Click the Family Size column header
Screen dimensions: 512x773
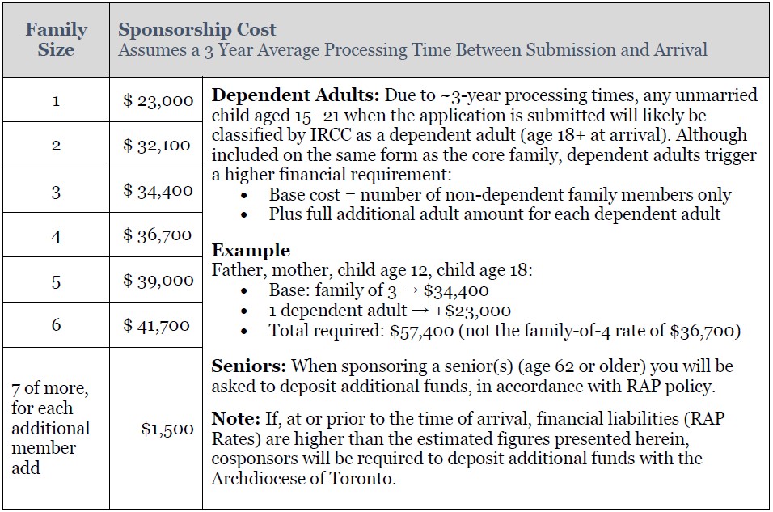[56, 40]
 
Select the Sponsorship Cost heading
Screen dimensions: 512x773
[197, 30]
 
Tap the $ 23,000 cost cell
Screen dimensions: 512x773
[158, 101]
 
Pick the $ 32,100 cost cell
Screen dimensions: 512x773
[158, 146]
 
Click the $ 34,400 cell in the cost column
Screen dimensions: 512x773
[158, 191]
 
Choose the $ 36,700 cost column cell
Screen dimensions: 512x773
[158, 235]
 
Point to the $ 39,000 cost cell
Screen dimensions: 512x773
[158, 281]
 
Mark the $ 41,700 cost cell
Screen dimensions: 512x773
[157, 325]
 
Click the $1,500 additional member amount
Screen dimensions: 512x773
[167, 429]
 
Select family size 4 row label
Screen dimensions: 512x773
[56, 235]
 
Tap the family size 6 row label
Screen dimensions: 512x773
[56, 325]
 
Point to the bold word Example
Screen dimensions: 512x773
[251, 250]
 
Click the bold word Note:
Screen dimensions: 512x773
[234, 419]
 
